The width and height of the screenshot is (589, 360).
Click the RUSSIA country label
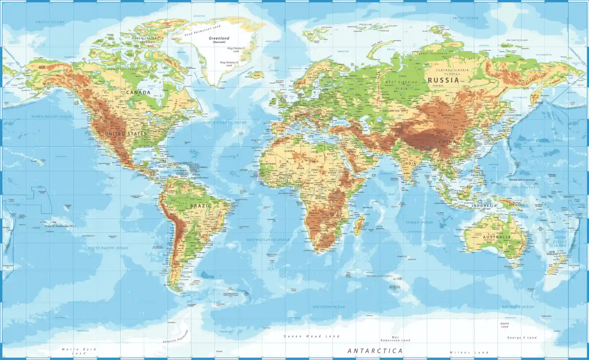(443, 80)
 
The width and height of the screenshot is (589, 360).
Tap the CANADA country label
(138, 93)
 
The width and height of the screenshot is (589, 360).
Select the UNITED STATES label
(126, 134)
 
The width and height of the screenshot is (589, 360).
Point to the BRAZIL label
(200, 206)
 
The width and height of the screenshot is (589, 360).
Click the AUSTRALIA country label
(497, 237)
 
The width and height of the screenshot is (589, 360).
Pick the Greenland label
(219, 38)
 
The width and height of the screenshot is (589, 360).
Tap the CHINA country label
(447, 142)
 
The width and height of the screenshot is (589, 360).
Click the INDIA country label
(410, 163)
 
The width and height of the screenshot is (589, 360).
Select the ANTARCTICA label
(375, 351)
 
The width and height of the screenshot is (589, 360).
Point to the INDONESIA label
(485, 206)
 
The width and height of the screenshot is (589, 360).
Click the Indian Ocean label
(420, 222)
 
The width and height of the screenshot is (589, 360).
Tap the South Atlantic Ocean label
(268, 239)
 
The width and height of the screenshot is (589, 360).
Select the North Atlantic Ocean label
(224, 122)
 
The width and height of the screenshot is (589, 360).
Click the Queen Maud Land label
(312, 336)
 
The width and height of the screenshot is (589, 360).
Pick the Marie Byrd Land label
(79, 351)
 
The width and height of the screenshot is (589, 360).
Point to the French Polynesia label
(60, 226)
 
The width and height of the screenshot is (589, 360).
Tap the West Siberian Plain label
(401, 85)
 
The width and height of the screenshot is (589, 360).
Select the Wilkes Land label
(469, 352)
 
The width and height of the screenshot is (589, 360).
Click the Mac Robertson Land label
(395, 339)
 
